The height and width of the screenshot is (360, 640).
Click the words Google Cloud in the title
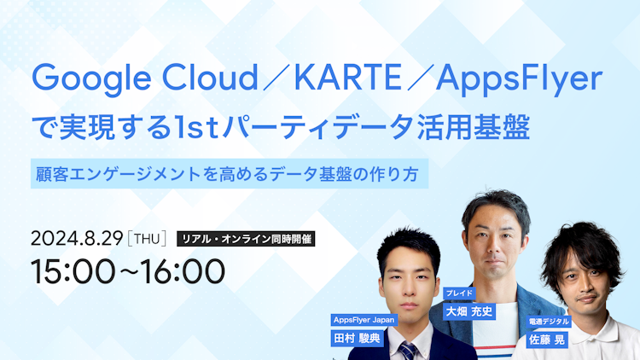[x=145, y=81]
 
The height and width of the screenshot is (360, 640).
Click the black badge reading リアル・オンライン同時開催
[x=246, y=239]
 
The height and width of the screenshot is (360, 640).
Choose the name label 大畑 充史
[x=469, y=311]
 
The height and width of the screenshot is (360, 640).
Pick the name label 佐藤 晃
[x=545, y=339]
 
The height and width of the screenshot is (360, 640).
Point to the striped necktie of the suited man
[x=408, y=349]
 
